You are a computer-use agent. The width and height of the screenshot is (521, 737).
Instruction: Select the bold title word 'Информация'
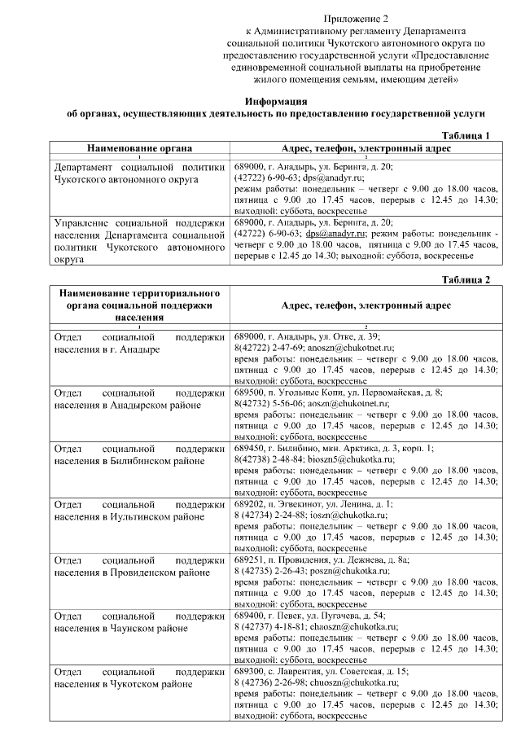coord(278,100)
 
